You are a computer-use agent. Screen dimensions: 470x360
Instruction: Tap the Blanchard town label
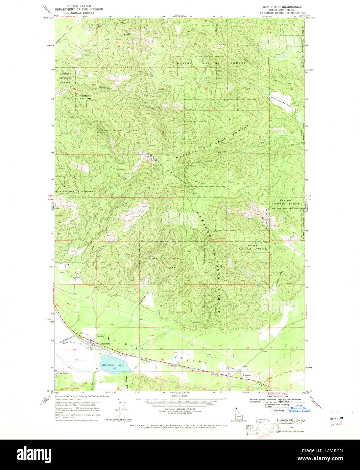tap(105, 344)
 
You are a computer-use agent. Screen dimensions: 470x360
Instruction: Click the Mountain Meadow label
tap(281, 101)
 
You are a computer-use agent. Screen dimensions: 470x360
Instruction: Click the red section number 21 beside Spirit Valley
tap(118, 348)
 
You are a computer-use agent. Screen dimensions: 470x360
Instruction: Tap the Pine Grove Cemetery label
tap(100, 336)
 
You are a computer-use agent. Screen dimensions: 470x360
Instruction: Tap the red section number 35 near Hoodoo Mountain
tap(207, 176)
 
